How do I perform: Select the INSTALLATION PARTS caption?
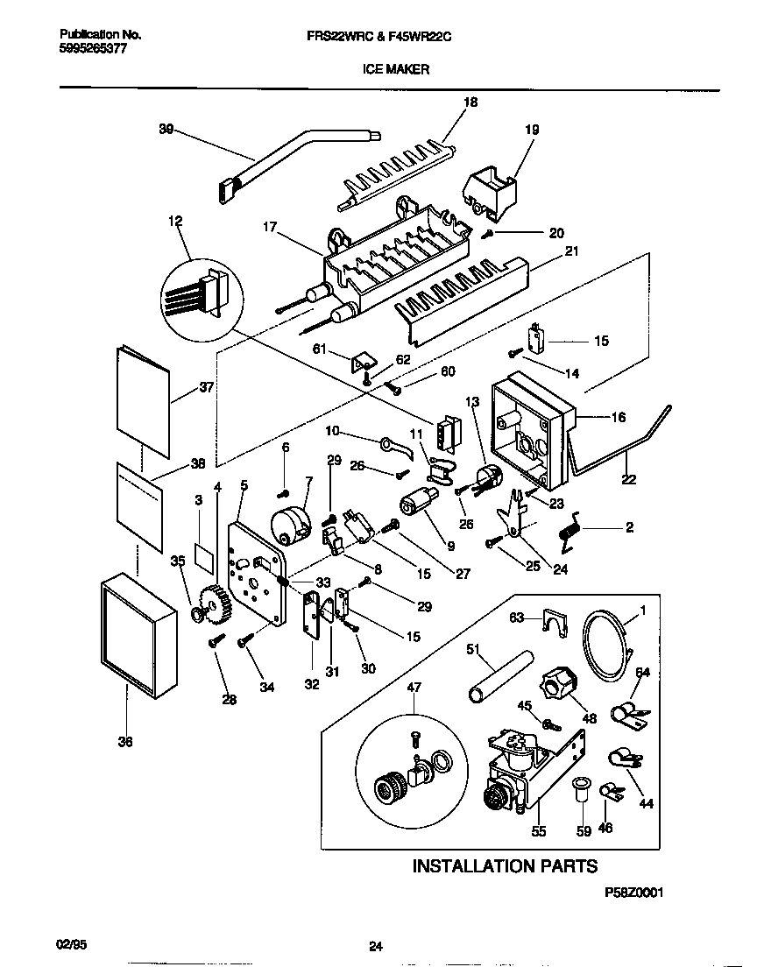click(x=505, y=866)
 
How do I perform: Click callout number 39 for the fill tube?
click(x=166, y=130)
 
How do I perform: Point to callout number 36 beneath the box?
click(x=125, y=742)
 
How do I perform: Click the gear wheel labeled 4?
click(x=216, y=603)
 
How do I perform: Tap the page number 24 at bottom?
click(x=375, y=946)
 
